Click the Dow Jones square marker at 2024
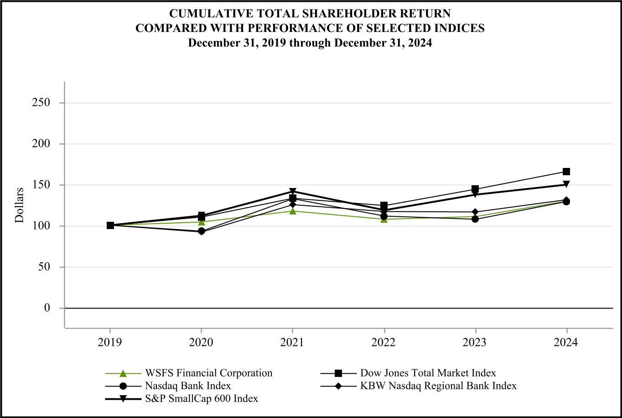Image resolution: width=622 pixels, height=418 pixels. pyautogui.click(x=566, y=172)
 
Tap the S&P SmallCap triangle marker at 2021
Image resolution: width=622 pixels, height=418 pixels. pyautogui.click(x=292, y=192)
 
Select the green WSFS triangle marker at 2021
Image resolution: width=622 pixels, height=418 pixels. pyautogui.click(x=292, y=211)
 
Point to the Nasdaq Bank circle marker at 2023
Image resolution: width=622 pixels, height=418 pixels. pyautogui.click(x=475, y=219)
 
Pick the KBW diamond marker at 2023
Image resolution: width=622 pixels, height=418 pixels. pyautogui.click(x=475, y=212)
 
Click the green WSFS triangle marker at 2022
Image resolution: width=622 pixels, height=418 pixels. pyautogui.click(x=384, y=219)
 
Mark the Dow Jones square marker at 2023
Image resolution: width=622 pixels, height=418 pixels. pyautogui.click(x=475, y=189)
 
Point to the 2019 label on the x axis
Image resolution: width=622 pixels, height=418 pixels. pyautogui.click(x=110, y=343)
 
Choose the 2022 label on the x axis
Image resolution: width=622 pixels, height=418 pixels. pyautogui.click(x=384, y=343)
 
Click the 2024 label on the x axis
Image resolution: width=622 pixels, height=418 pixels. pyautogui.click(x=566, y=343)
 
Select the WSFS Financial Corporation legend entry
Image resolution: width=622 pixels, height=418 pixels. pyautogui.click(x=209, y=373)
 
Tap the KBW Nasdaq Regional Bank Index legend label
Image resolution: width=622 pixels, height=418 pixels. pyautogui.click(x=438, y=386)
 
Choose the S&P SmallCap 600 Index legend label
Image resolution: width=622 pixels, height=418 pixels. pyautogui.click(x=202, y=398)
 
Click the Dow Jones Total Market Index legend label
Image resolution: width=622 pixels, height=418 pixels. pyautogui.click(x=428, y=373)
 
